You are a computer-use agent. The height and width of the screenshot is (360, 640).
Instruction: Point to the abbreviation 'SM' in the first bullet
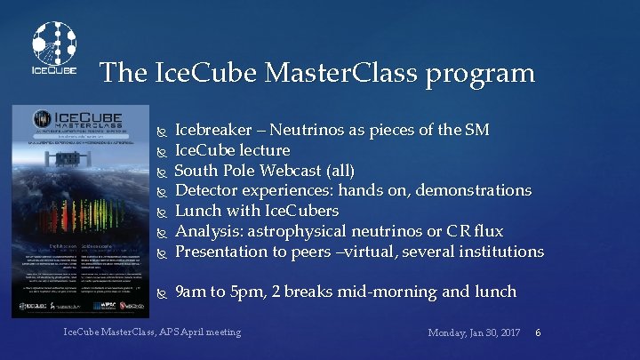[x=476, y=131]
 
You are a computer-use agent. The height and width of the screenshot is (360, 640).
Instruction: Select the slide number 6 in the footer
[x=539, y=332]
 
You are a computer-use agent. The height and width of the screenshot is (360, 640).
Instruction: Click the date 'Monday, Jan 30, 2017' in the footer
[x=474, y=332]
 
